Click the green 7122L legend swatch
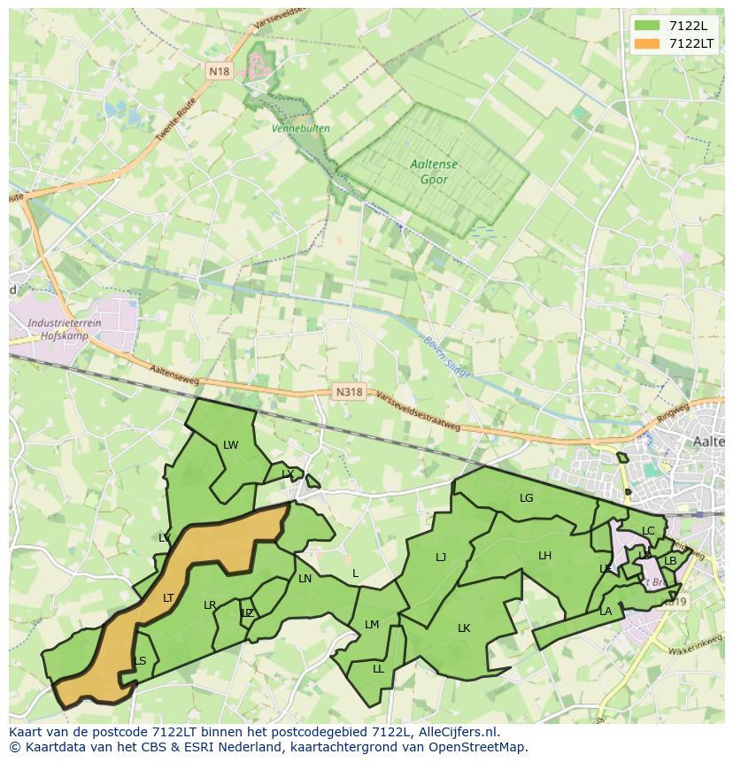(x=647, y=26)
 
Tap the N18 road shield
(x=220, y=71)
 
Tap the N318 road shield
(x=350, y=391)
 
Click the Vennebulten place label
(x=301, y=128)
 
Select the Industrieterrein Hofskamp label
(x=65, y=329)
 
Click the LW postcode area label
(x=231, y=445)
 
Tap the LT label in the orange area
(x=169, y=598)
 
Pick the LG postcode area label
(x=527, y=498)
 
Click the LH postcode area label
(x=544, y=556)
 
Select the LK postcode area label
(x=464, y=628)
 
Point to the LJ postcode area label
(x=441, y=558)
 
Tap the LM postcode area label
(x=372, y=625)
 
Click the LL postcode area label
(x=379, y=669)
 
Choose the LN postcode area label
(x=305, y=579)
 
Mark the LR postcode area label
(x=210, y=605)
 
